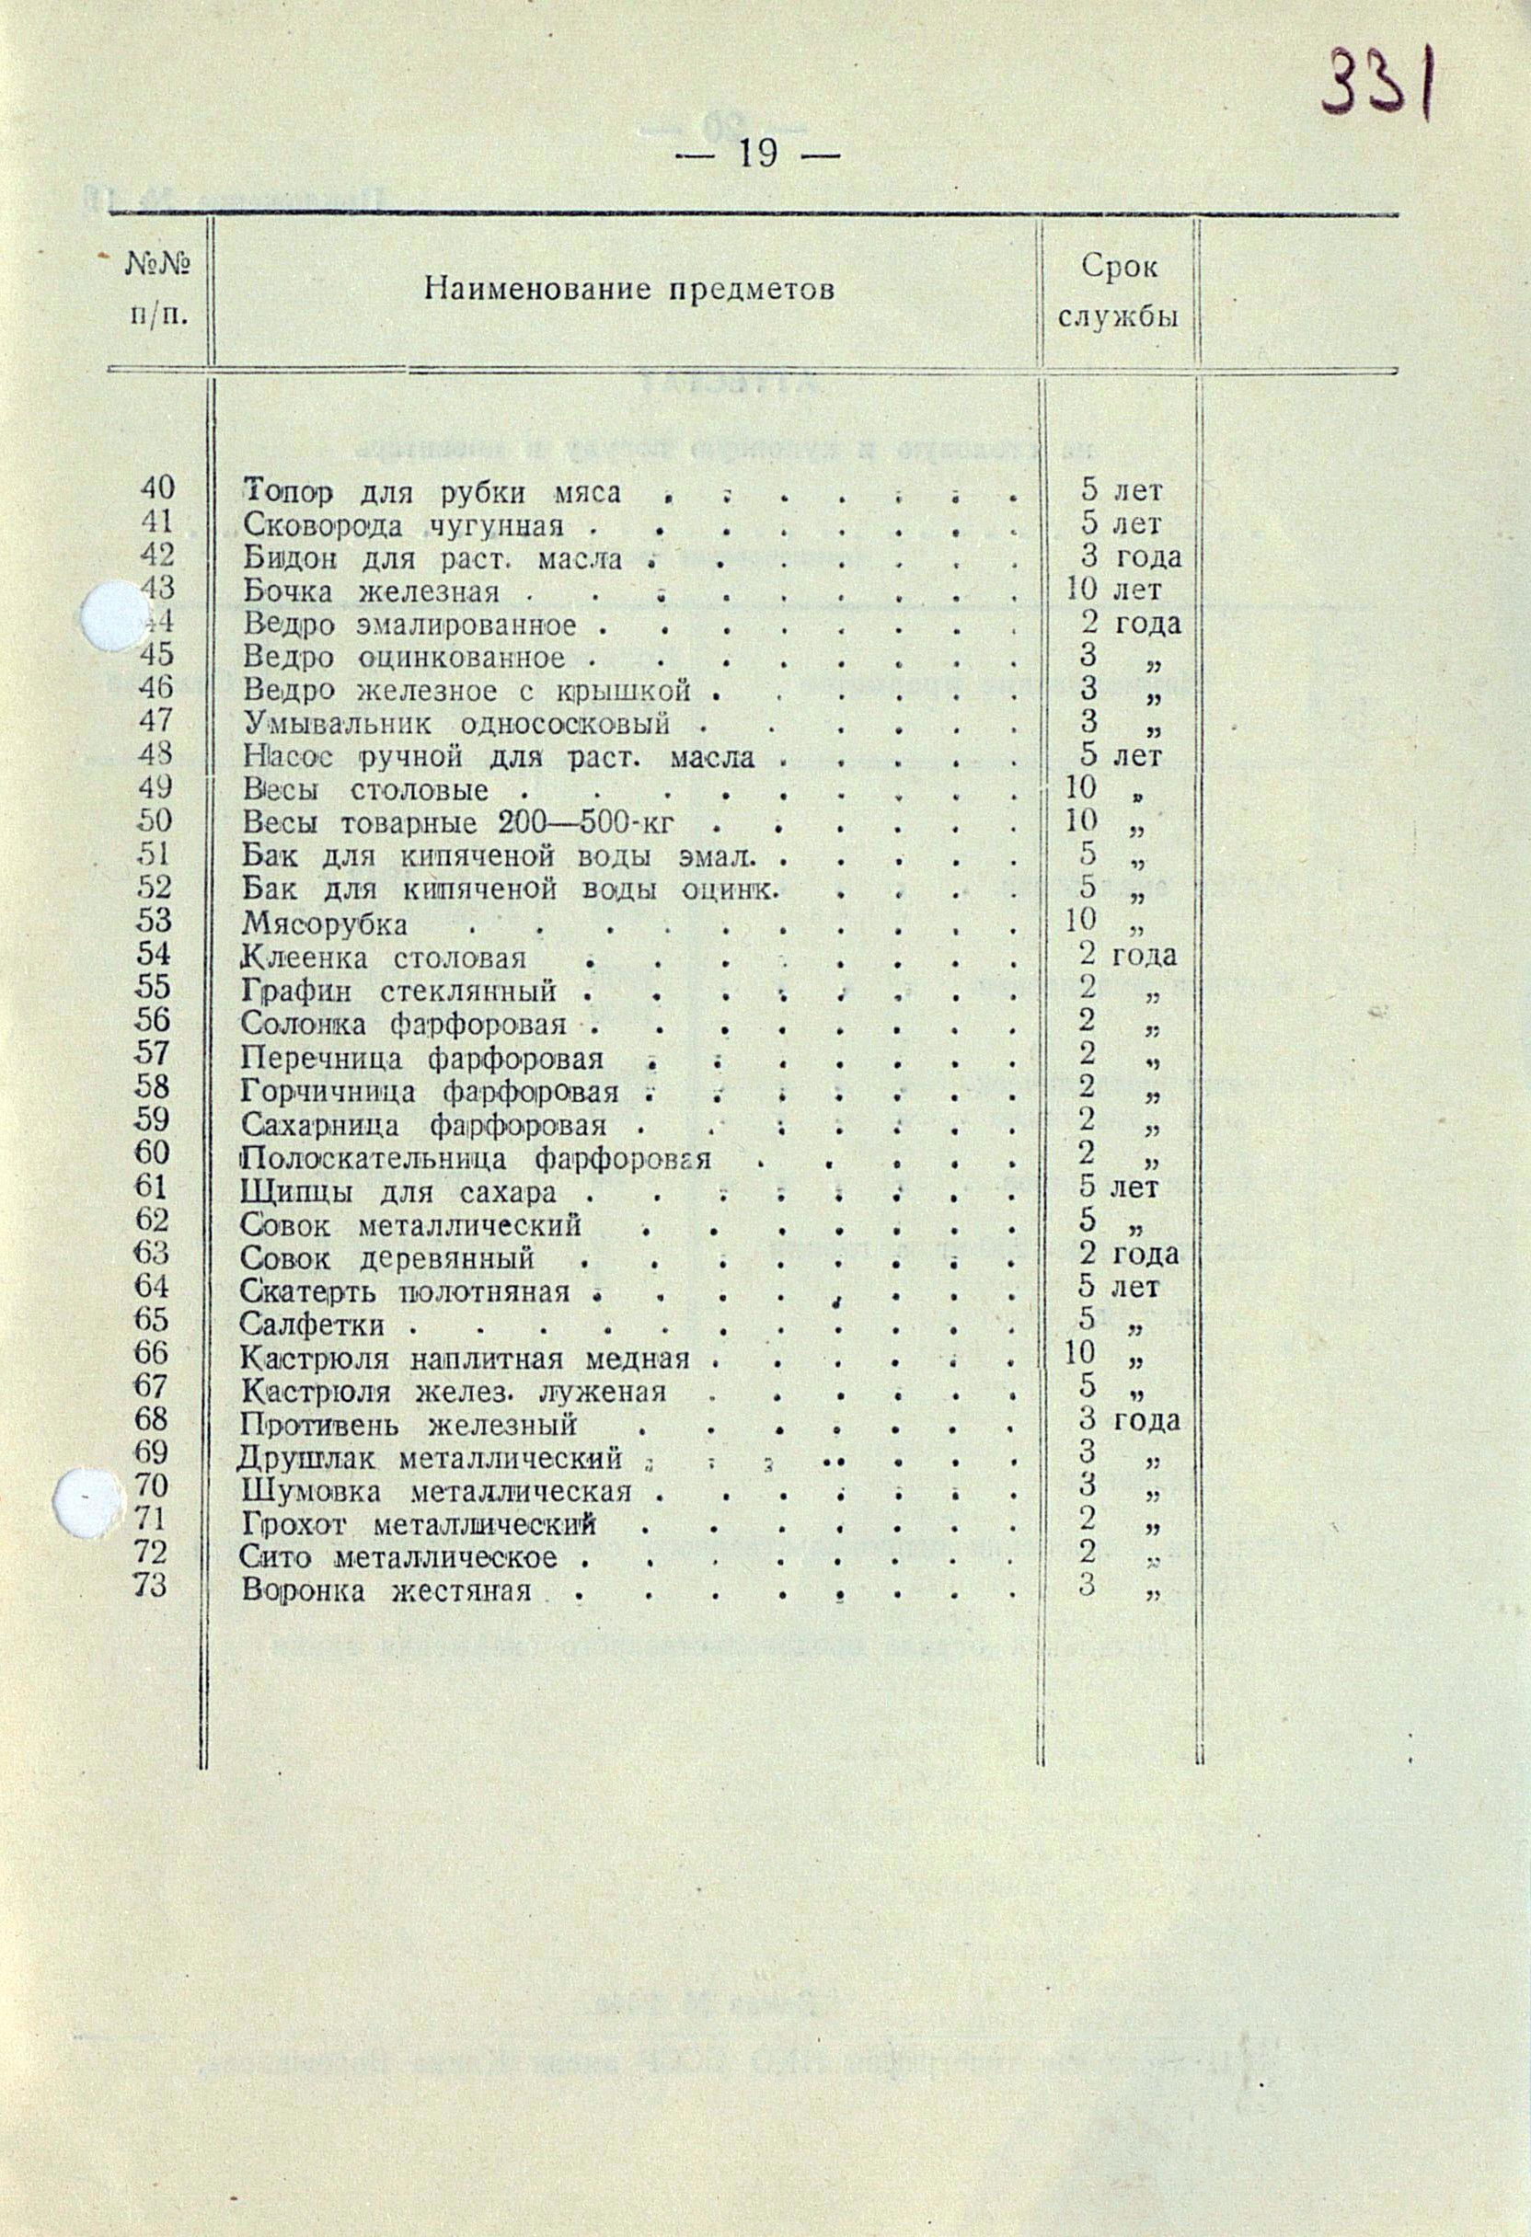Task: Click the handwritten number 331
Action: (x=1378, y=82)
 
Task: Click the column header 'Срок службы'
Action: (x=1119, y=292)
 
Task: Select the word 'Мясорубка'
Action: (x=325, y=924)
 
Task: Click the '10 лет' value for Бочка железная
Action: (x=1113, y=589)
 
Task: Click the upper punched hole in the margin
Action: (x=109, y=615)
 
